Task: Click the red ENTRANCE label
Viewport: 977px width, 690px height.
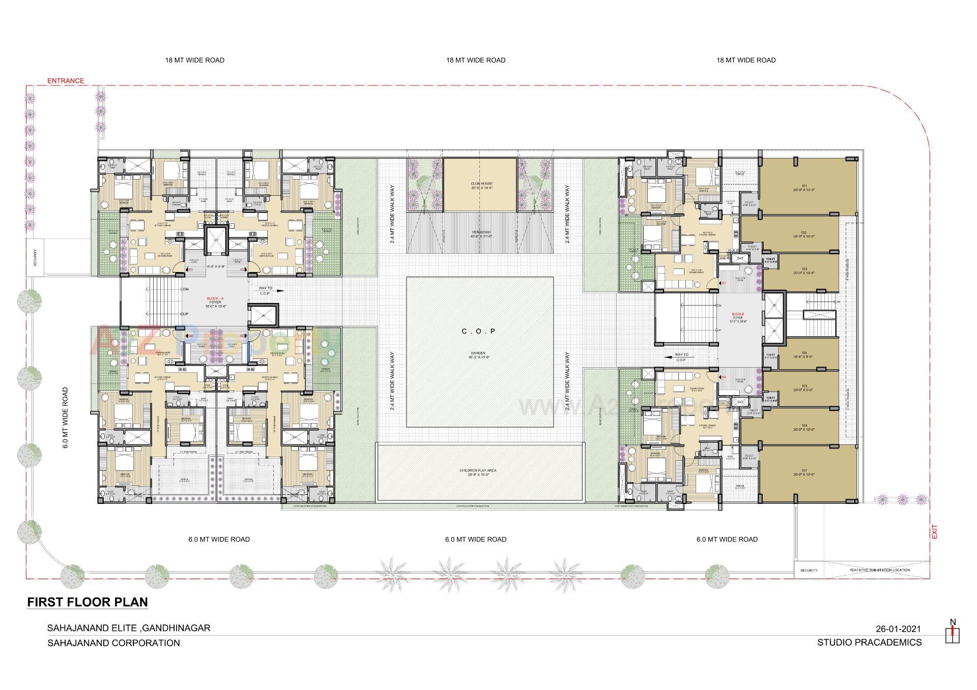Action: click(66, 81)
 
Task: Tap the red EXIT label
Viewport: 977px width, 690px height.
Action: click(934, 532)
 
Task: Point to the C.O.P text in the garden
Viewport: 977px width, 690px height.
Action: click(478, 332)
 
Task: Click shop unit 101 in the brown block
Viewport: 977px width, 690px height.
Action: click(804, 187)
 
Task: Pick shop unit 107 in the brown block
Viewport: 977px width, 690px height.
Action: click(804, 473)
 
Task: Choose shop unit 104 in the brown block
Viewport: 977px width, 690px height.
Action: click(804, 354)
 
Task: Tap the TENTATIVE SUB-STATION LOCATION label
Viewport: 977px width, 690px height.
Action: click(879, 570)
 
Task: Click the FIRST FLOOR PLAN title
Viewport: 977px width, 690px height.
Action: click(88, 602)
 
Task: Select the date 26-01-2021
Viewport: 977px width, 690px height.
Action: click(898, 629)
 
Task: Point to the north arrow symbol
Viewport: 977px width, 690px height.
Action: click(952, 631)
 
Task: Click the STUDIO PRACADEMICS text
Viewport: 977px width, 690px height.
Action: click(869, 643)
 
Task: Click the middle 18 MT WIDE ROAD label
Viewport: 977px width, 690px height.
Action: click(476, 60)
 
